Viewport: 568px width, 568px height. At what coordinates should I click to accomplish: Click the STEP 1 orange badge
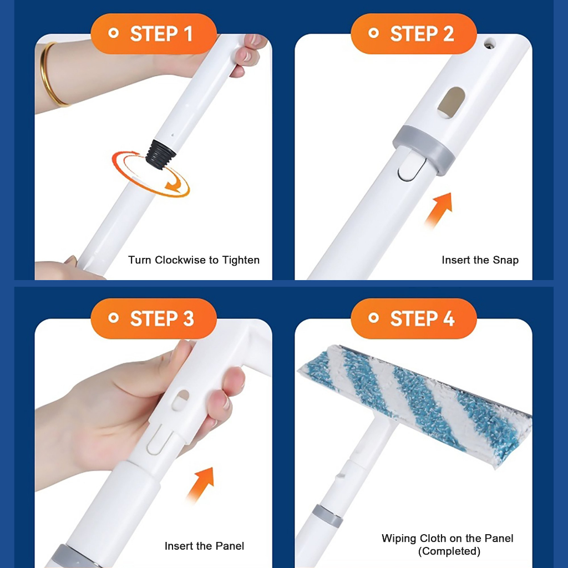[x=154, y=34]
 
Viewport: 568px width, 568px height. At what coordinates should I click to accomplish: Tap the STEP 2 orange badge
[x=414, y=34]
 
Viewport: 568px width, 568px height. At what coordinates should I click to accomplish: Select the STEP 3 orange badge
[x=154, y=318]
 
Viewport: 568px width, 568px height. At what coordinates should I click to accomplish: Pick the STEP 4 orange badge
[x=414, y=318]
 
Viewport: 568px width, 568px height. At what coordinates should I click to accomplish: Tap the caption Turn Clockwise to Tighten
[x=194, y=260]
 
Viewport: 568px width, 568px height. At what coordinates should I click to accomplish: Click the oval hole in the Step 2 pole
[x=451, y=103]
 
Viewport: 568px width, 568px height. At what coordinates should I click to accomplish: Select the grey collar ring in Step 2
[x=424, y=149]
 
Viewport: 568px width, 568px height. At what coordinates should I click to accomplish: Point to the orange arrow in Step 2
[x=439, y=210]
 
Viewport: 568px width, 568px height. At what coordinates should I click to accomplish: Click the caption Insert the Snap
[x=480, y=260]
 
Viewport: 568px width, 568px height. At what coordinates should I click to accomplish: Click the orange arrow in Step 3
[x=200, y=484]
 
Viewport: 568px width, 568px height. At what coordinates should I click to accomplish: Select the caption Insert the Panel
[x=204, y=546]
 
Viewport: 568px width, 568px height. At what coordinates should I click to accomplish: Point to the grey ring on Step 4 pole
[x=327, y=515]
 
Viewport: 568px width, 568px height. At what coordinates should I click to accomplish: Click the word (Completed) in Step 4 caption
[x=449, y=551]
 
